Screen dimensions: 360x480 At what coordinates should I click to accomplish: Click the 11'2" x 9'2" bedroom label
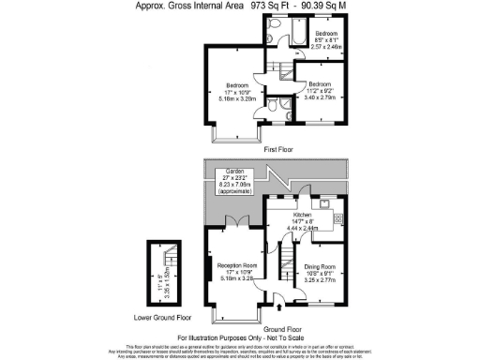(321, 90)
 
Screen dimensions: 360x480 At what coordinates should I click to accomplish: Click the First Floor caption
(278, 150)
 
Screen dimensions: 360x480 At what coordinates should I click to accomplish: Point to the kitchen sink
(322, 202)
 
